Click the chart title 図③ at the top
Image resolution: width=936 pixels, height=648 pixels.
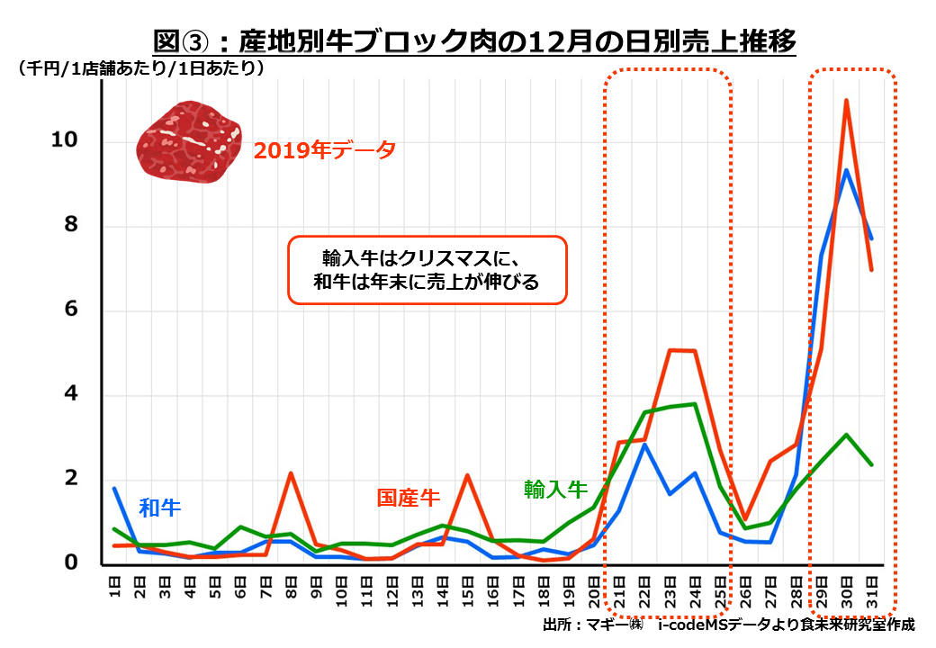pos(474,41)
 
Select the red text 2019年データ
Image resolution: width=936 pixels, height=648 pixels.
pos(324,150)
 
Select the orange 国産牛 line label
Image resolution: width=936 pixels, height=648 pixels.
pos(408,498)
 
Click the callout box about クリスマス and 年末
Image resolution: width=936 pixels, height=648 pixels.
pos(427,269)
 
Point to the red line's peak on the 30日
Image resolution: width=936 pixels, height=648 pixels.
pos(846,100)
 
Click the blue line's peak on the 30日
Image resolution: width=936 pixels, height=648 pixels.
pos(846,169)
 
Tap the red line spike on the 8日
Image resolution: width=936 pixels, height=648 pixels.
pos(291,472)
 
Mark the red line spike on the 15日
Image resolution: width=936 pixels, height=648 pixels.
pos(468,475)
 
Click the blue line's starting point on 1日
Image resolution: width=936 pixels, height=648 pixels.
pos(115,488)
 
